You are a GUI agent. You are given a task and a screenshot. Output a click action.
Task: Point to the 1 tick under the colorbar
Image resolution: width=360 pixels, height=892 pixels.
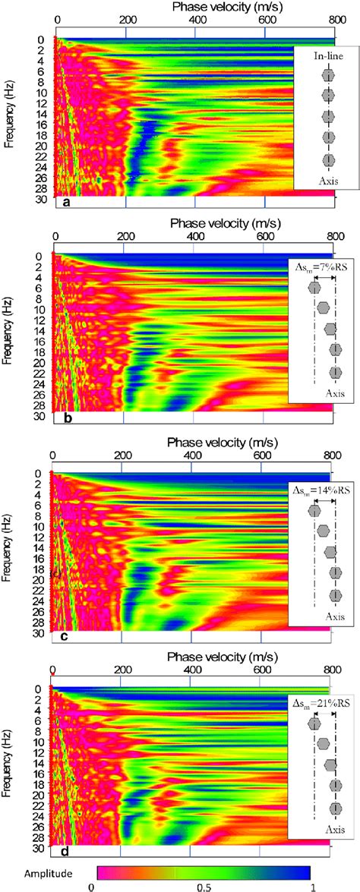[x=311, y=885]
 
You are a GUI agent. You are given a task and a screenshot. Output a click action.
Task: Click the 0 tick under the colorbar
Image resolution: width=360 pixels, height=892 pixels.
[x=90, y=885]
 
